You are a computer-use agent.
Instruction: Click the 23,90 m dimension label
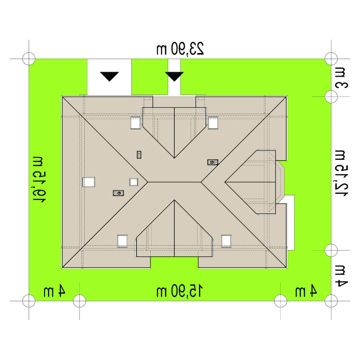(180, 49)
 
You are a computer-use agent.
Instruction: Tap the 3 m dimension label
(341, 78)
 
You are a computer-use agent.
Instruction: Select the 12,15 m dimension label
(341, 173)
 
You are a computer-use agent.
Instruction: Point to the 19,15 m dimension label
(39, 180)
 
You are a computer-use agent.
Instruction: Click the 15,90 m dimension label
(180, 291)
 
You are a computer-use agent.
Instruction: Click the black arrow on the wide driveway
(109, 76)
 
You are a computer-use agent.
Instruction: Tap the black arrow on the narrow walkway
(174, 76)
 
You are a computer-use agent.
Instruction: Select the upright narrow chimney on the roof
(139, 155)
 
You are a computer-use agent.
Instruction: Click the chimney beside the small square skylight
(119, 193)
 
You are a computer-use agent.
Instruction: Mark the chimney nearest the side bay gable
(213, 162)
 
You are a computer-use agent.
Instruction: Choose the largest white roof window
(88, 182)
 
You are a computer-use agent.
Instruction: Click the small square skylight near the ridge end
(133, 182)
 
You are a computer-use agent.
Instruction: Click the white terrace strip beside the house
(291, 223)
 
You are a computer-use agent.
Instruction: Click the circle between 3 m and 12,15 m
(331, 96)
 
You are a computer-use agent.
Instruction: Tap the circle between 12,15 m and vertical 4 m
(331, 250)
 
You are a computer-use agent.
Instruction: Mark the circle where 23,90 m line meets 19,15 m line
(29, 59)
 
